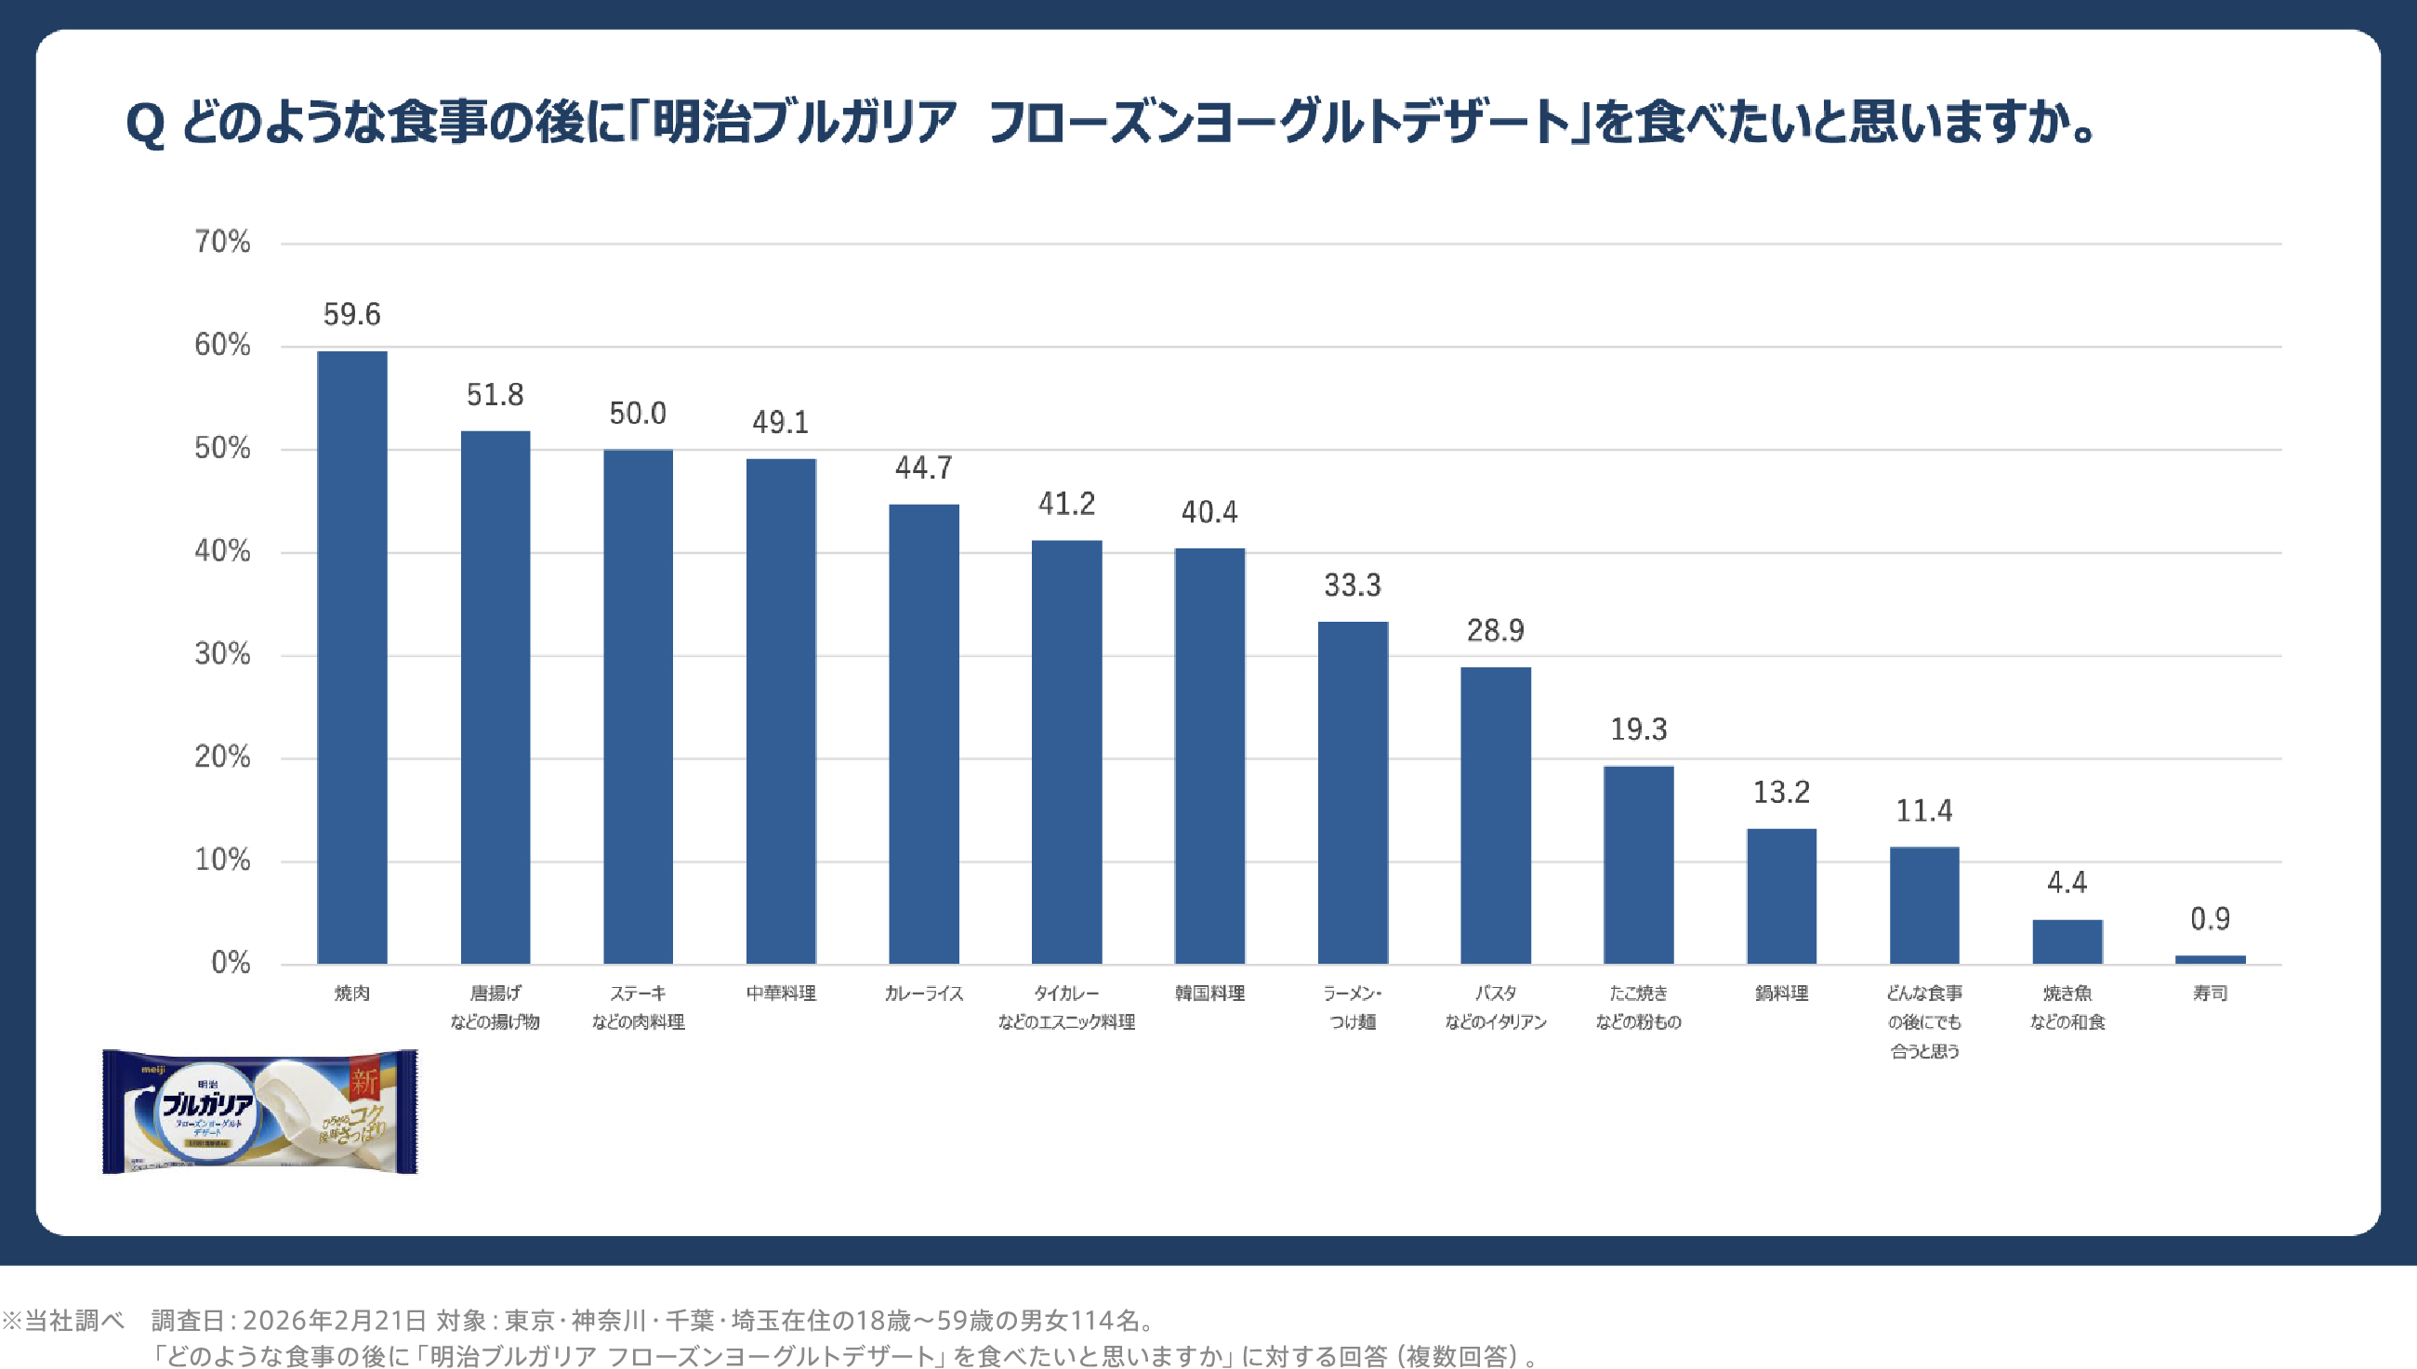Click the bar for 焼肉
click(351, 657)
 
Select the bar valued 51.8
click(495, 697)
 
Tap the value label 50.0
click(638, 414)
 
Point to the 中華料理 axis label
click(781, 993)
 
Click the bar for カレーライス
click(923, 733)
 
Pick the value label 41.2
click(1066, 504)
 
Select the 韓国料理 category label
click(1209, 993)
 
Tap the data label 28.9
click(1496, 630)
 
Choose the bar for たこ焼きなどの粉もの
click(1638, 864)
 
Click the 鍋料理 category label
click(1781, 993)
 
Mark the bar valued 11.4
click(1924, 904)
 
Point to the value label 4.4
click(2067, 882)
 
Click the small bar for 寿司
click(2210, 959)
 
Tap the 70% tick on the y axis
click(223, 243)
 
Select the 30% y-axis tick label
click(223, 654)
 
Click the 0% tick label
click(231, 963)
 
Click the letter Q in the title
click(145, 125)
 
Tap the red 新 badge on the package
click(364, 1081)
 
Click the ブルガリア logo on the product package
click(208, 1104)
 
